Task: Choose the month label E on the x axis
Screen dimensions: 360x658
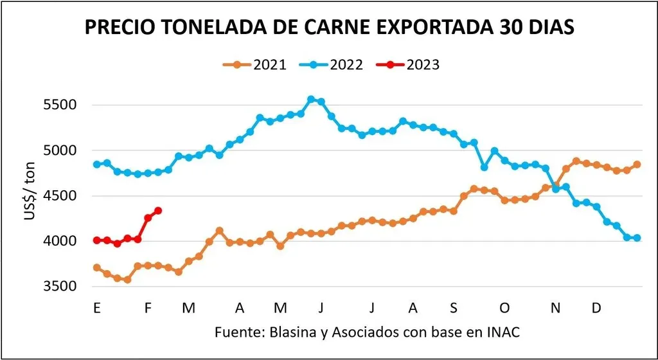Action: (x=97, y=309)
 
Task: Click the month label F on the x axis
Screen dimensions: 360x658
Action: (x=148, y=309)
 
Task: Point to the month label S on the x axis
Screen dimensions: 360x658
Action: (x=454, y=309)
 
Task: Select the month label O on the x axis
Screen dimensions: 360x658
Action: (x=505, y=309)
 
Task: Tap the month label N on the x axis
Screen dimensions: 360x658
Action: (x=555, y=309)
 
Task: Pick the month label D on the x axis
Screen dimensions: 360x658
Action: (x=596, y=309)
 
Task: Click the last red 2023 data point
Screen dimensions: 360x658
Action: (x=158, y=210)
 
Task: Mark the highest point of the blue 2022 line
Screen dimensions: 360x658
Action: (x=311, y=99)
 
